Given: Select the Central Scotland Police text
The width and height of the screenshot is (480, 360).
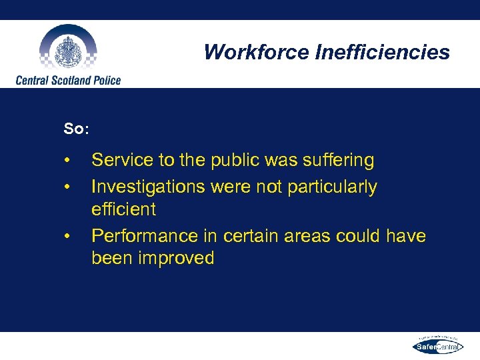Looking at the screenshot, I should pos(69,81).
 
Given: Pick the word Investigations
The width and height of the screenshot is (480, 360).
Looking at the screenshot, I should pos(149,187).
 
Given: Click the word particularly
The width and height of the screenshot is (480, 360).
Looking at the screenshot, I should pos(332,187).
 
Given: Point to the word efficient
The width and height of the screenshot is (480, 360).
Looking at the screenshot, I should pos(123,209).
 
